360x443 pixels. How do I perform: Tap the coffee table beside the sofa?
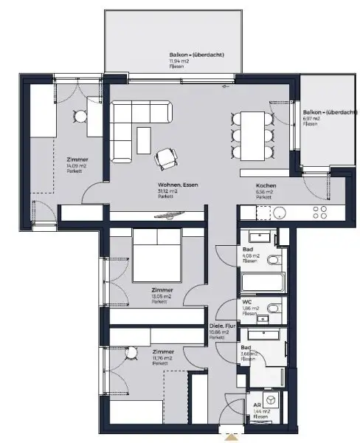[x=143, y=140]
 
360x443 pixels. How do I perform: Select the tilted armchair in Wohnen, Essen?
[x=167, y=157]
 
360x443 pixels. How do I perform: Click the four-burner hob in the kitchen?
[x=321, y=211]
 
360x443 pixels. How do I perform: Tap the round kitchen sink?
[x=279, y=211]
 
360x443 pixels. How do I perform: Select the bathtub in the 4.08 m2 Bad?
[x=263, y=284]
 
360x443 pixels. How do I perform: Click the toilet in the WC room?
[x=272, y=308]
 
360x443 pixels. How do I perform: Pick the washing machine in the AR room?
[x=271, y=399]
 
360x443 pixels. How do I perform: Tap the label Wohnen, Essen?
[x=173, y=186]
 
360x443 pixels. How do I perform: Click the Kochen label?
[x=266, y=186]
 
